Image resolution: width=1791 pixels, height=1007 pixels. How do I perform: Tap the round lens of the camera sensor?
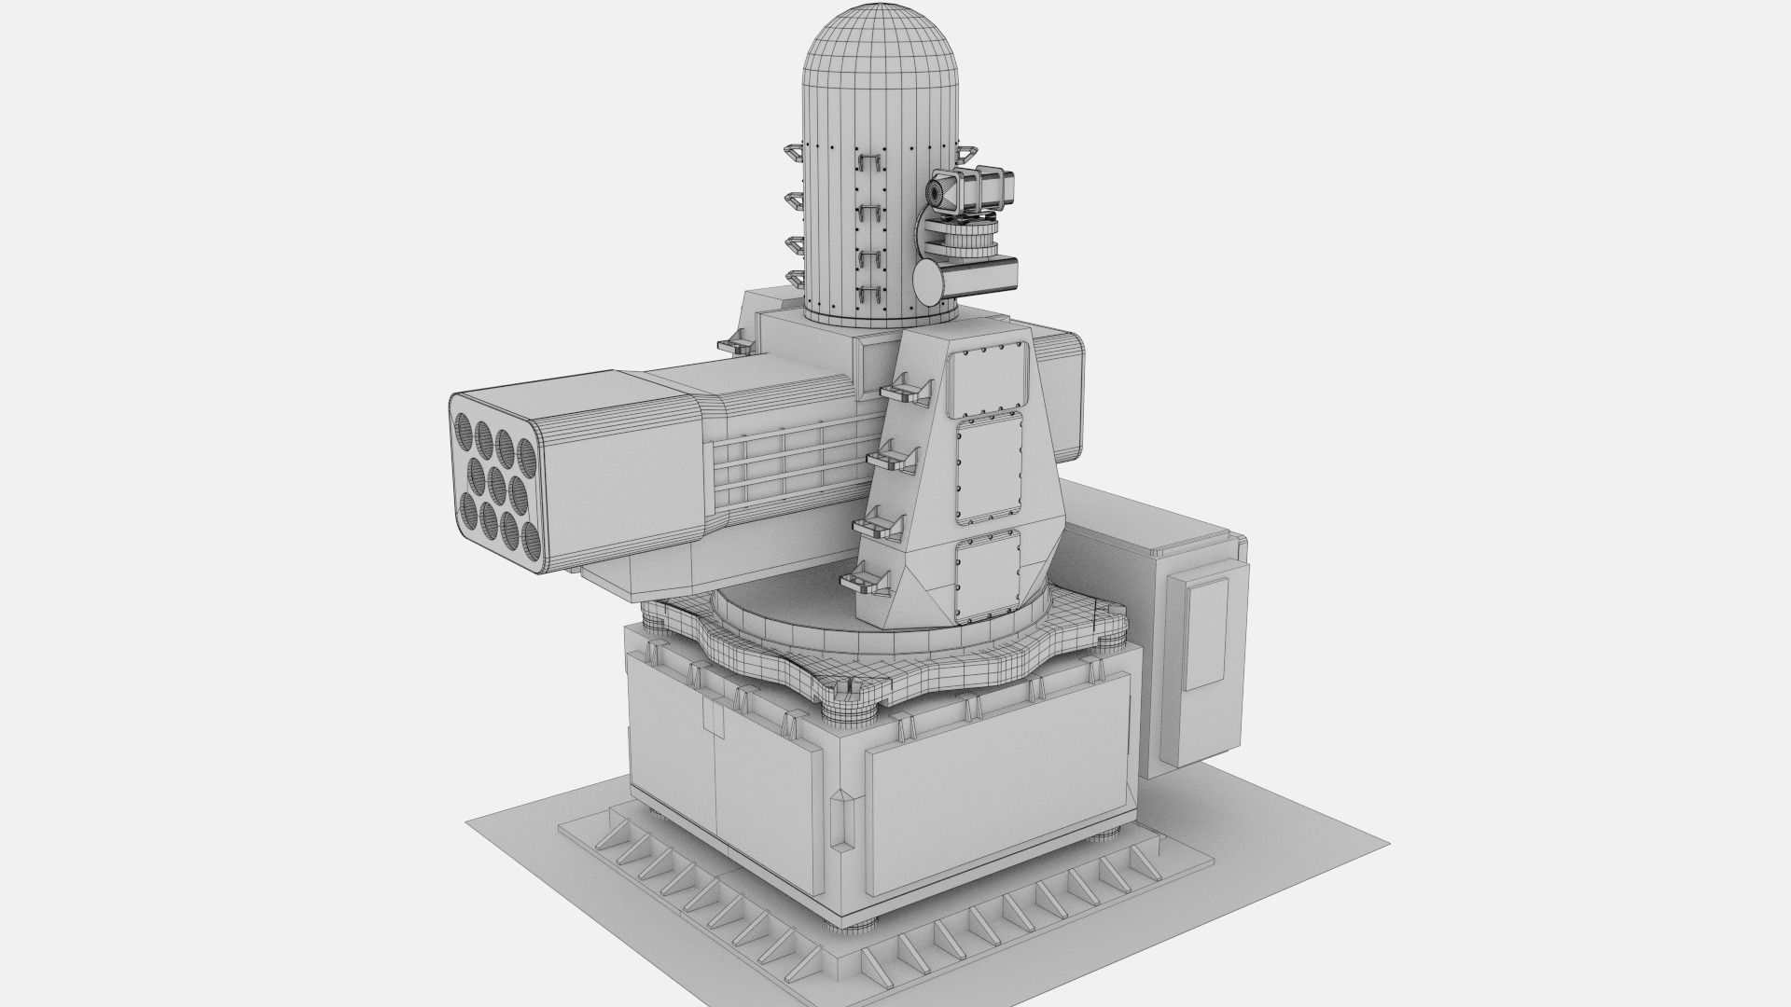coord(934,192)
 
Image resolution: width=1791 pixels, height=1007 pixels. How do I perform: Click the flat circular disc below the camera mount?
coord(929,277)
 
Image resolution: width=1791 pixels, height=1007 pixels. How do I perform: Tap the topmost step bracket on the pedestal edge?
coord(904,389)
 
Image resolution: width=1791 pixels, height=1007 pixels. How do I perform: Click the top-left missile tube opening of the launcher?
coord(465,429)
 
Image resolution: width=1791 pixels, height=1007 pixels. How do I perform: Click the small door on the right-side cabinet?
coord(1205,633)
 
